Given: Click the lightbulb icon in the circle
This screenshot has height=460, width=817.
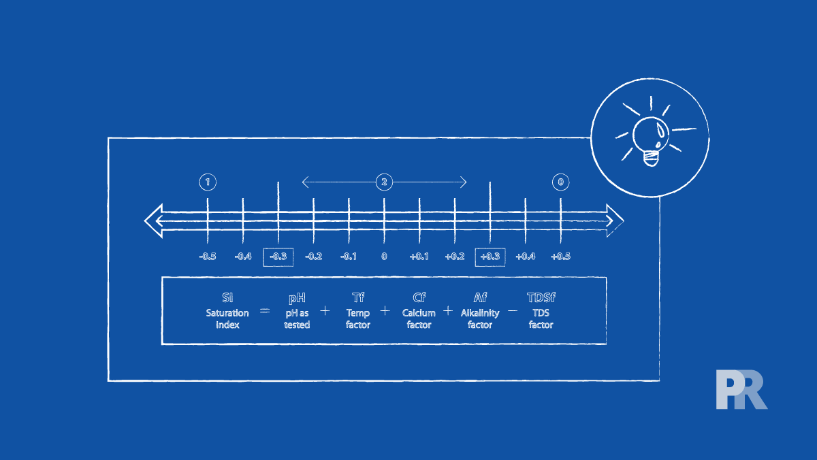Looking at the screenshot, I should tap(650, 139).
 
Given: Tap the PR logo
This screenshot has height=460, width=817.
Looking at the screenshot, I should tap(741, 390).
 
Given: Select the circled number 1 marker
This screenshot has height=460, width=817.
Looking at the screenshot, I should tap(208, 182).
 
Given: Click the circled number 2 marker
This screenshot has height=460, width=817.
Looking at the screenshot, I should tap(384, 182).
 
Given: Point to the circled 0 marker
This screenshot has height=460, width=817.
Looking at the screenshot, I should tap(560, 182).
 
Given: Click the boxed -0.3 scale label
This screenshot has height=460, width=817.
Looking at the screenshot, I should tap(278, 257).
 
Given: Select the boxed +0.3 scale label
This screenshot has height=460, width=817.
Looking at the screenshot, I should tap(490, 257).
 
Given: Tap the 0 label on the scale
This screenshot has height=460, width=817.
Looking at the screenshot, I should tap(384, 257).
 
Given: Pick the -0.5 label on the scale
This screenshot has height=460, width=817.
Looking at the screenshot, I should tap(208, 257).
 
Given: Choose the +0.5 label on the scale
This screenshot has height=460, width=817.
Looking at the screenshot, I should tap(560, 257).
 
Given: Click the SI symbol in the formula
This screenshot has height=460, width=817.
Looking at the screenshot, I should tap(227, 297).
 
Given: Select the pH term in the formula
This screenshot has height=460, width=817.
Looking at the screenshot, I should tap(297, 297).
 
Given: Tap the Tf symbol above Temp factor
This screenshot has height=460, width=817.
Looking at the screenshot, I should tap(358, 297).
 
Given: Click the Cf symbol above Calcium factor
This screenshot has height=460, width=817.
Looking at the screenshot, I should tap(419, 297).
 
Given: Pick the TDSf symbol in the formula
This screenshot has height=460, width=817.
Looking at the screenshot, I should tap(541, 297).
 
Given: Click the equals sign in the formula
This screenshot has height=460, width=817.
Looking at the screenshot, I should tap(265, 311).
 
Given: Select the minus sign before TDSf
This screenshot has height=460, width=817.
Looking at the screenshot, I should tap(513, 311).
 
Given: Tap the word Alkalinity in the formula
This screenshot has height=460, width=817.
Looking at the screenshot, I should tap(480, 313).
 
